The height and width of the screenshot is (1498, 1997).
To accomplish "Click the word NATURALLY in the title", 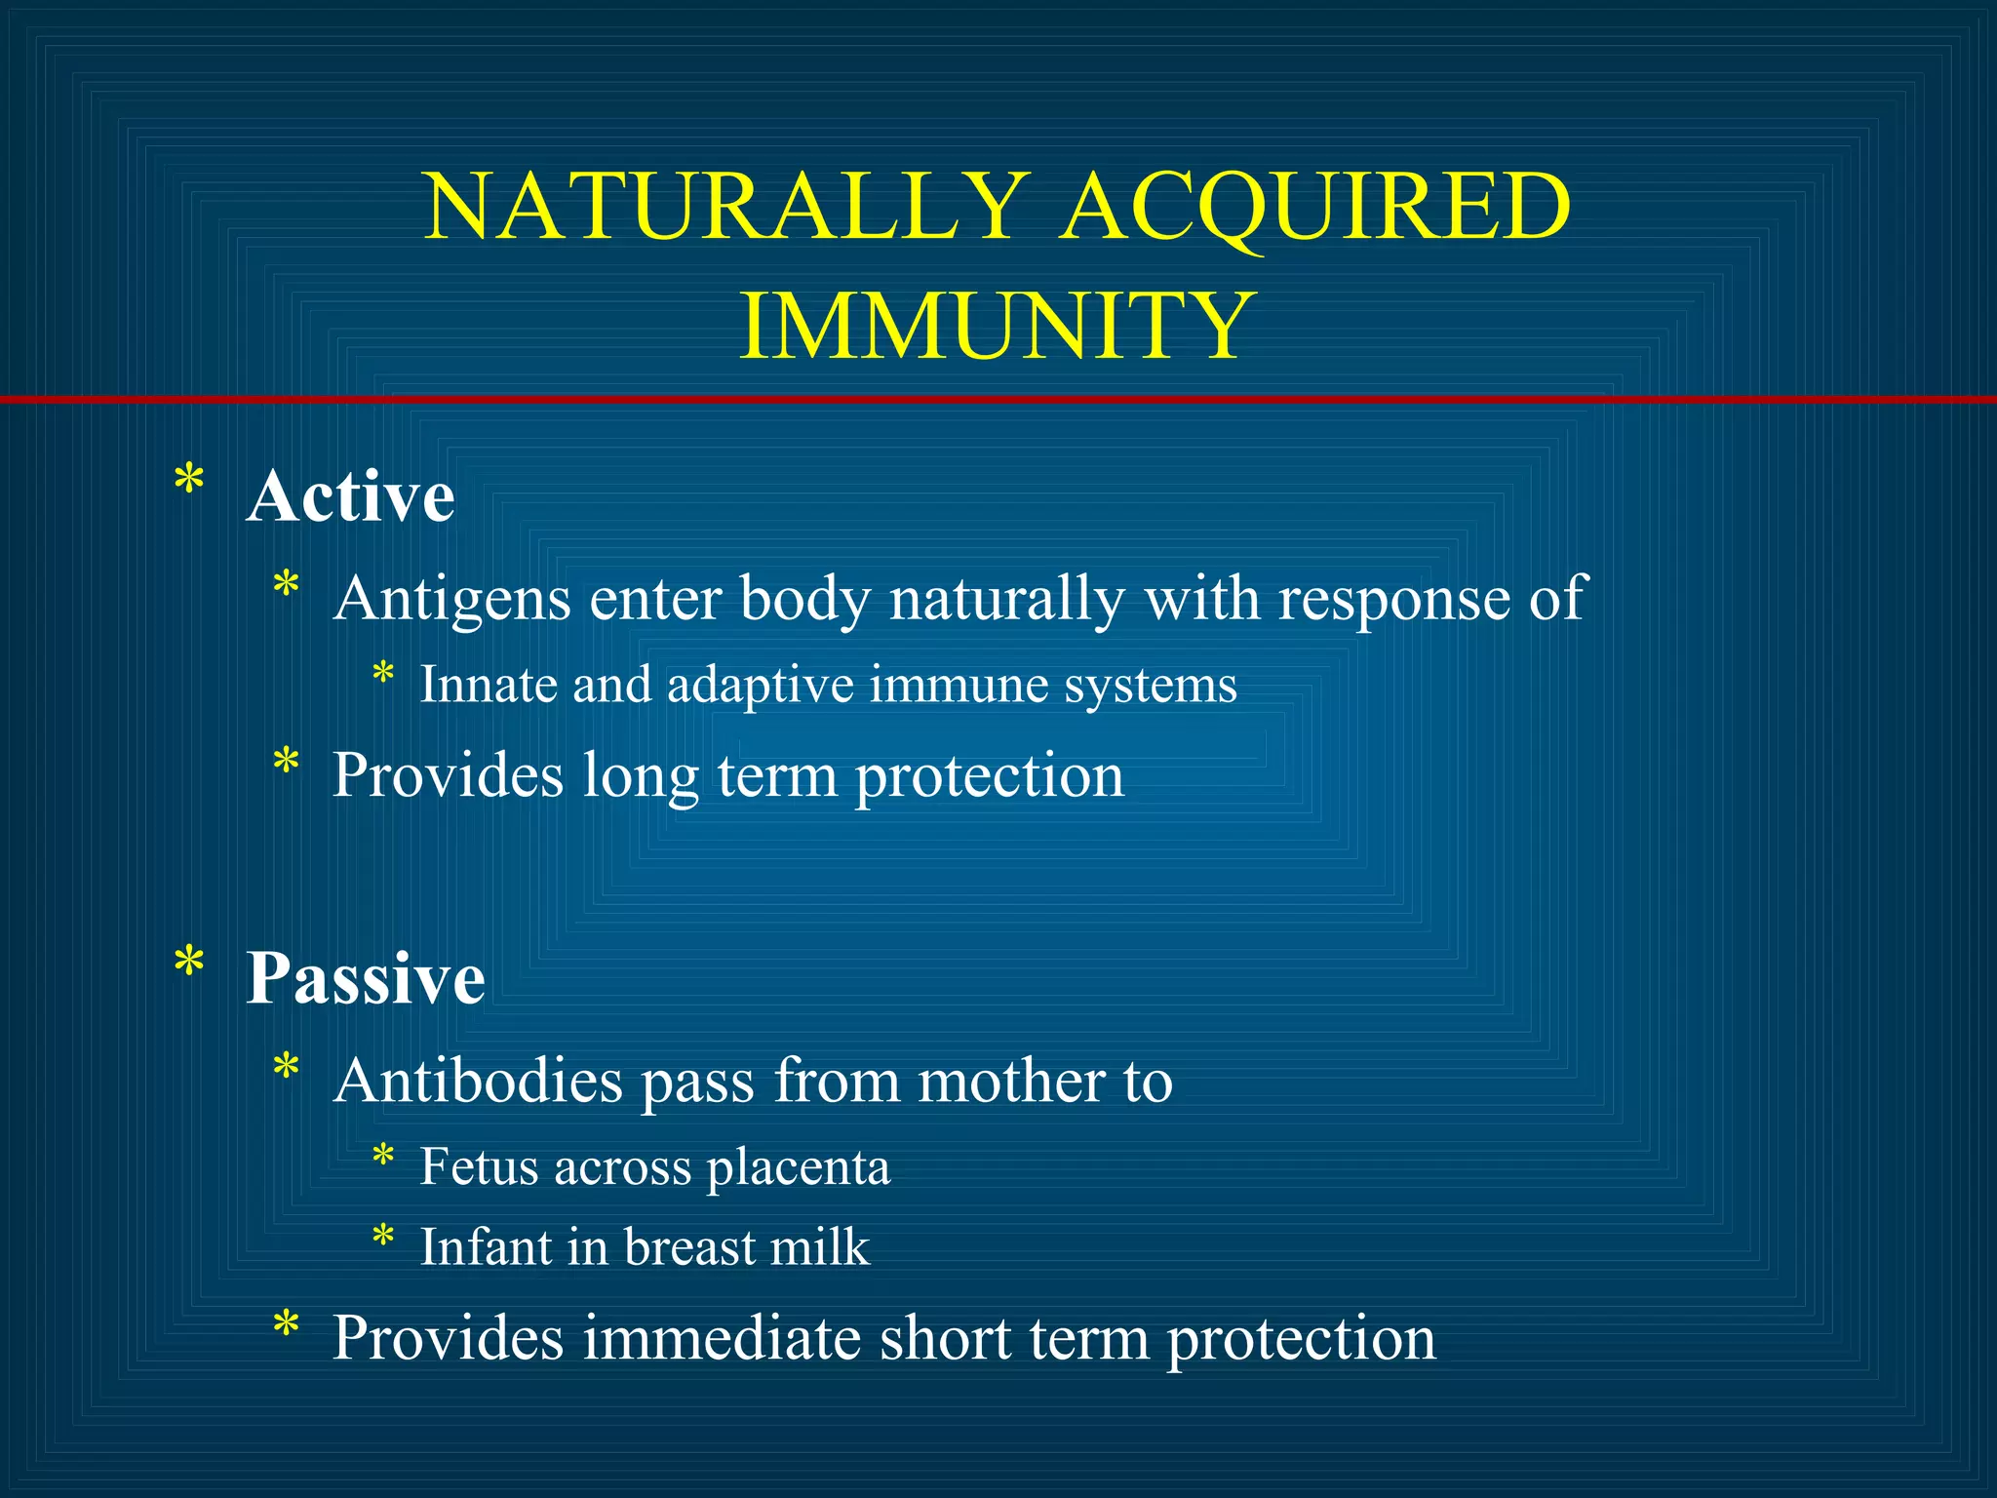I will pyautogui.click(x=726, y=207).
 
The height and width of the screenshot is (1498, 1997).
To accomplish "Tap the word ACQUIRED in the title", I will pyautogui.click(x=1315, y=207).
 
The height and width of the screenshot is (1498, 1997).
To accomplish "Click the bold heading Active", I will pyautogui.click(x=350, y=496).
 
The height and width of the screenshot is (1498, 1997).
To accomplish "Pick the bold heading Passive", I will pyautogui.click(x=365, y=977).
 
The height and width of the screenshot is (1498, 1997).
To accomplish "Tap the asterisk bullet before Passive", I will pyautogui.click(x=188, y=964).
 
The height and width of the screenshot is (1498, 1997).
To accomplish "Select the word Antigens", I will pyautogui.click(x=451, y=598).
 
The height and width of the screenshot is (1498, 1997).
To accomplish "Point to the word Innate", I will pyautogui.click(x=488, y=684).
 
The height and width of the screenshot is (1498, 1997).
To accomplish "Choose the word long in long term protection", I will pyautogui.click(x=640, y=777).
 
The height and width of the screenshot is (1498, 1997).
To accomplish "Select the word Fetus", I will pyautogui.click(x=478, y=1166).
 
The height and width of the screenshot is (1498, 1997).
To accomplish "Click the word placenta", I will pyautogui.click(x=798, y=1168).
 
